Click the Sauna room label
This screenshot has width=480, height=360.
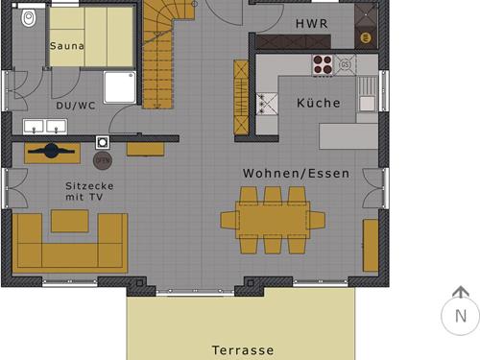[x=66, y=45]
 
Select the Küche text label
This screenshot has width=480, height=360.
[x=318, y=103]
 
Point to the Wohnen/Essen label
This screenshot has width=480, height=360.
[x=296, y=174]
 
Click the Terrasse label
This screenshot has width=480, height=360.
[x=243, y=350]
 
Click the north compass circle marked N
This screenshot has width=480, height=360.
[x=460, y=315]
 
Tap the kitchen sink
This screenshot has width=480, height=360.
[x=367, y=101]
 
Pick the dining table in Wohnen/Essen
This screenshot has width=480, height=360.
[x=272, y=220]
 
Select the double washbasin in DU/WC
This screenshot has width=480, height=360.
[x=43, y=125]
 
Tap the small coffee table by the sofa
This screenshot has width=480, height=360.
[x=69, y=221]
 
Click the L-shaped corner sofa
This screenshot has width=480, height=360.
[x=67, y=245]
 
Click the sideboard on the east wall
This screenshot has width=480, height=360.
[x=371, y=245]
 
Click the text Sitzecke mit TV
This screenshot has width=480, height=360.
[x=84, y=190]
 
